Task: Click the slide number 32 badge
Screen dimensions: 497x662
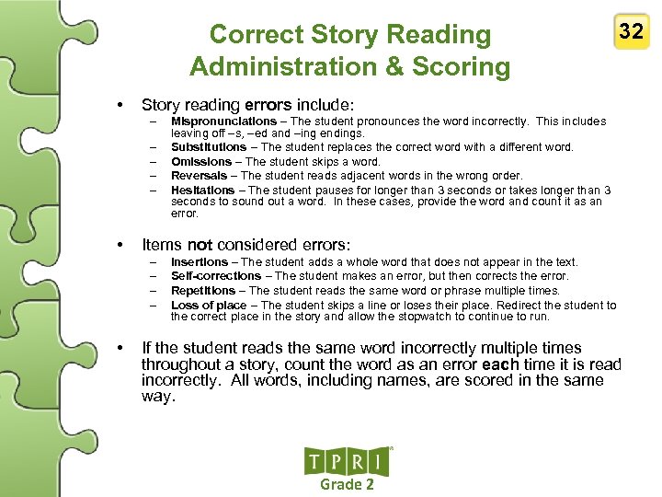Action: point(631,32)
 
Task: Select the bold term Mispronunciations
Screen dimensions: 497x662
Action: point(223,121)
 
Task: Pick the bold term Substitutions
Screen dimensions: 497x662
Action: point(209,147)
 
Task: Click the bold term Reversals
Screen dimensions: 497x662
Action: point(199,176)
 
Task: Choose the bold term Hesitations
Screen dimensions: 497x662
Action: point(202,191)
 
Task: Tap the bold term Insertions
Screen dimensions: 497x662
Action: point(199,262)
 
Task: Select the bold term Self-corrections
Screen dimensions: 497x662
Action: point(216,276)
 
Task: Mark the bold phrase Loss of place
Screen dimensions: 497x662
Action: point(209,306)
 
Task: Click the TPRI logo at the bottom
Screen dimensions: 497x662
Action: point(348,461)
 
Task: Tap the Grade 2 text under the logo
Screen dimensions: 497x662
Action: point(347,485)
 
